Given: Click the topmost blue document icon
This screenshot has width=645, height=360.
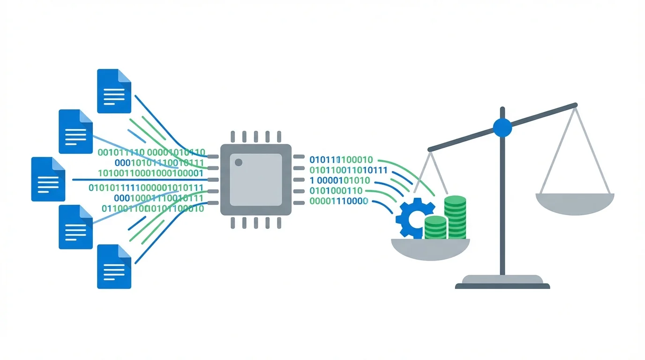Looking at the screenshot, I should [x=114, y=91].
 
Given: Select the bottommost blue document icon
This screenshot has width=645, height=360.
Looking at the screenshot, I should [x=114, y=266].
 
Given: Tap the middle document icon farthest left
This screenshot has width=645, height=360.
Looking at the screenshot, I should [x=48, y=179].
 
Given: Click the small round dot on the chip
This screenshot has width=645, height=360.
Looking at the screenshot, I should [x=238, y=162].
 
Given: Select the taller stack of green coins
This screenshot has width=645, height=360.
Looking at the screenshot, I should [x=455, y=217].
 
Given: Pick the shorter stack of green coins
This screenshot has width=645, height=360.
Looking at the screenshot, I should [x=435, y=227].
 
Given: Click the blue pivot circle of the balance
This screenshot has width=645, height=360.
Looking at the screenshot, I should [x=502, y=127].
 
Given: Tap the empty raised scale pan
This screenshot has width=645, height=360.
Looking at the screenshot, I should [x=575, y=204].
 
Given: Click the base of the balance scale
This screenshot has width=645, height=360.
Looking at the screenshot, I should [x=502, y=282].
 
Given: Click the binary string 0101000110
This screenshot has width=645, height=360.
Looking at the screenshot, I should [x=336, y=191].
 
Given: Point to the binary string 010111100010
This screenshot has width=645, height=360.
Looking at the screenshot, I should [x=341, y=159].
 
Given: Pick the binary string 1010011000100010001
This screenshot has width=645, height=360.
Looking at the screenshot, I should [x=150, y=173].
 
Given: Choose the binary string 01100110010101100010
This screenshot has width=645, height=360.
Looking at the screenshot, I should [x=153, y=209].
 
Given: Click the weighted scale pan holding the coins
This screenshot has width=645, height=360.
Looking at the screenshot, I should [x=430, y=249].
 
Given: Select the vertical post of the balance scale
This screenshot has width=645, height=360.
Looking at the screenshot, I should [x=502, y=202].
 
